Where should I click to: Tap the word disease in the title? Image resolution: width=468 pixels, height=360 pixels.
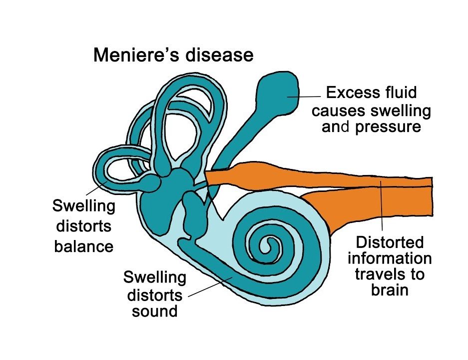click(x=219, y=55)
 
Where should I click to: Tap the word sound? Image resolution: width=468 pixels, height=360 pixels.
click(x=155, y=311)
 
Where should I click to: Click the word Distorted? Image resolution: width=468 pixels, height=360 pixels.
click(x=390, y=243)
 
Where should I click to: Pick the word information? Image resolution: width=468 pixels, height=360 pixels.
click(x=390, y=258)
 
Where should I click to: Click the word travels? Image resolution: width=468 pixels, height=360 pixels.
click(x=390, y=274)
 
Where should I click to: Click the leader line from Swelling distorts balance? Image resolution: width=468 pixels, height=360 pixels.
click(x=95, y=189)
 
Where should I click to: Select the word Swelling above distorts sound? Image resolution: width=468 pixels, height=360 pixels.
click(x=155, y=277)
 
